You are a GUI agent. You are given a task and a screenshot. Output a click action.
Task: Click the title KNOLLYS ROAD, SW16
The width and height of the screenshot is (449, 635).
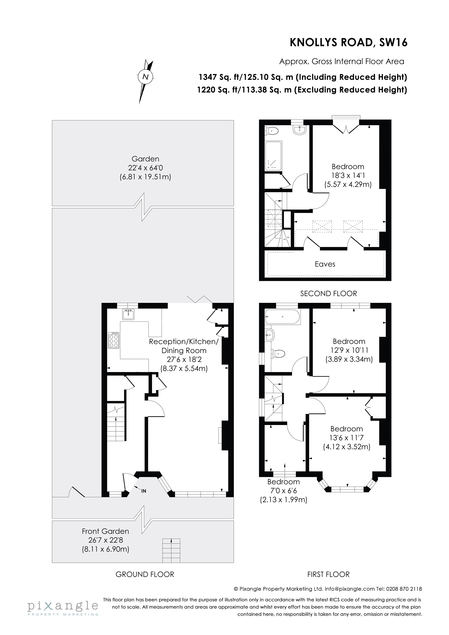348,43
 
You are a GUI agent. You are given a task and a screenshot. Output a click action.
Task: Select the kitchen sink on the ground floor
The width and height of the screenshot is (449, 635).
128,314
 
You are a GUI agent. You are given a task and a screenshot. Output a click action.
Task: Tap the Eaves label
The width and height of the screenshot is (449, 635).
325,264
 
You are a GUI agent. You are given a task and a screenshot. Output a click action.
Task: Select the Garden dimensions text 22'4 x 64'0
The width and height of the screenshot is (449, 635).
145,168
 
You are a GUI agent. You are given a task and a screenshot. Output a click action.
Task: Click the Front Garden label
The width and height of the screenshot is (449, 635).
105,531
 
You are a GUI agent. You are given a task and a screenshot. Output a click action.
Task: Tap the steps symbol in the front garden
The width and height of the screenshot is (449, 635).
171,550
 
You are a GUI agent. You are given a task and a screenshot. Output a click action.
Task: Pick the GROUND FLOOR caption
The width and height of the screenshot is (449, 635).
145,574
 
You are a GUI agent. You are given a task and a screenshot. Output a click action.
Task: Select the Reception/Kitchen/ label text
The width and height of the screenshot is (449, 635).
184,342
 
